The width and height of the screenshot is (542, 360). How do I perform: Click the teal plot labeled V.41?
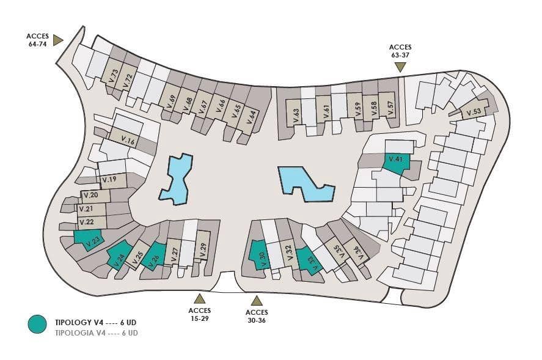pos(397,163)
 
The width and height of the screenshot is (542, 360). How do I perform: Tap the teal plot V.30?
pos(258,254)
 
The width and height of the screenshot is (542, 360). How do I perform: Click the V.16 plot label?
pos(128,140)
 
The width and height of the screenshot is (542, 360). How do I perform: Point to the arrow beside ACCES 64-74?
pos(57,40)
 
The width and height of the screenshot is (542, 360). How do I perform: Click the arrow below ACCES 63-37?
pos(400,67)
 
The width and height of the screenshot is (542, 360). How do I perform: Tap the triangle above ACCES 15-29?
pos(199,298)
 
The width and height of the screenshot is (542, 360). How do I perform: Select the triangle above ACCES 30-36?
pos(257,301)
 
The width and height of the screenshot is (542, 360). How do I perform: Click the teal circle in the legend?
pos(37,324)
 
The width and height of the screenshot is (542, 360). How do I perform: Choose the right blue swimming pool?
pos(306,184)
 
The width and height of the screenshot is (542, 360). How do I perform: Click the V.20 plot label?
pos(91,195)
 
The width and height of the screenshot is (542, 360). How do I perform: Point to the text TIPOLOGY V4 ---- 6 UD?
pos(96,323)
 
